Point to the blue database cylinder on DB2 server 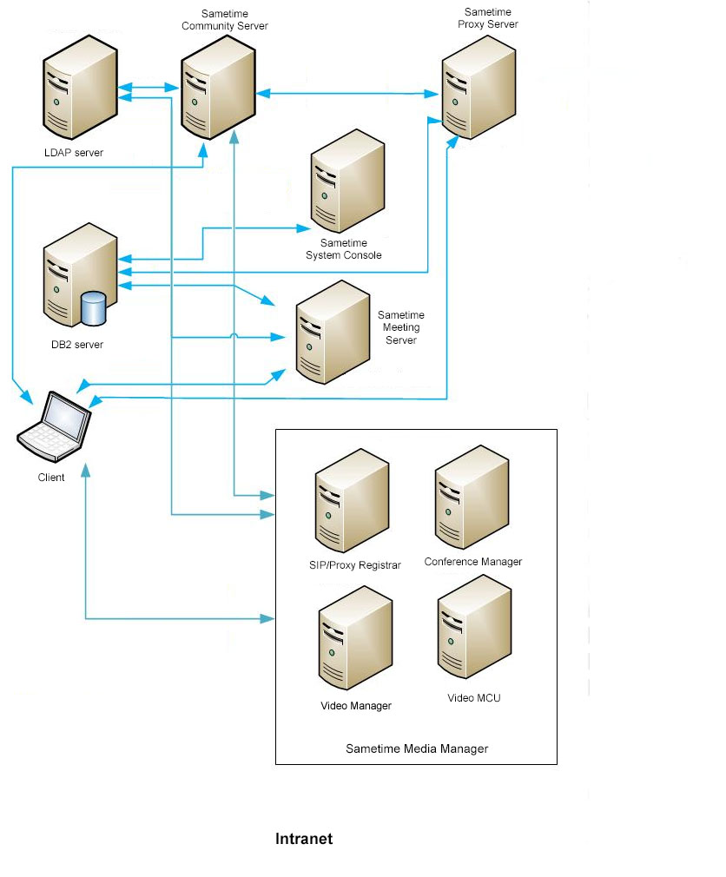click(92, 307)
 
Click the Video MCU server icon click(474, 638)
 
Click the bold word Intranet click(304, 839)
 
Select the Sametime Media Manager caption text click(417, 748)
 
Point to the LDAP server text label click(74, 153)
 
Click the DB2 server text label click(77, 345)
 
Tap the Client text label click(51, 477)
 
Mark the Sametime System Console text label click(344, 249)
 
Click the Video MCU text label click(474, 697)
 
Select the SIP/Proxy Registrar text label click(356, 565)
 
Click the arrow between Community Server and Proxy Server click(347, 92)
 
